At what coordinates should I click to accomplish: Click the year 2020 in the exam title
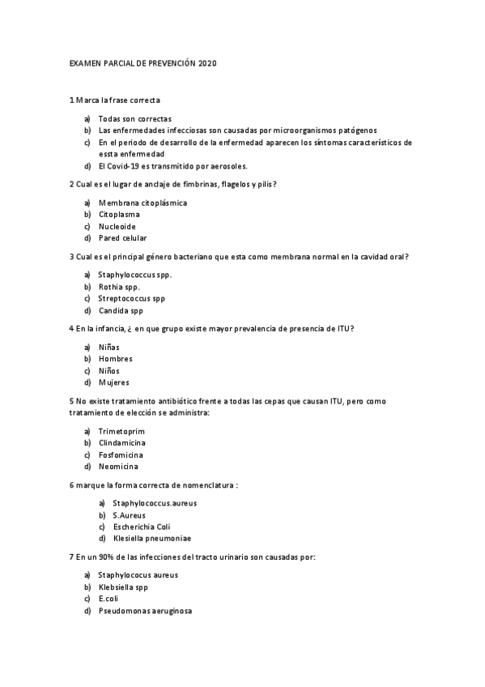[207, 63]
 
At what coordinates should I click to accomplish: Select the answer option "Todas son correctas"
[134, 118]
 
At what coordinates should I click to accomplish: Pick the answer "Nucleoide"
[117, 227]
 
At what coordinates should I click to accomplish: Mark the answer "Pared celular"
[122, 239]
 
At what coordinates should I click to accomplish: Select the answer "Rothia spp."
[119, 287]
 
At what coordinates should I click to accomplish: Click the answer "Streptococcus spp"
[131, 299]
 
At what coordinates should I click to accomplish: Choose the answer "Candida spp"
[121, 311]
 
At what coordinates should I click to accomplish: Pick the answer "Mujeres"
[113, 382]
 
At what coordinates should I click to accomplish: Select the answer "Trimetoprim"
[121, 431]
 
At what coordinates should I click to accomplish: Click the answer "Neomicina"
[118, 467]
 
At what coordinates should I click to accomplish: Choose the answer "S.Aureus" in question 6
[129, 514]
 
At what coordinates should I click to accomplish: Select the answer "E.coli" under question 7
[108, 599]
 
